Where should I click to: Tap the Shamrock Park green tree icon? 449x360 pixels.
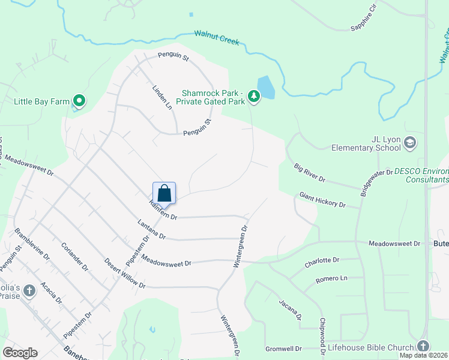(x=254, y=95)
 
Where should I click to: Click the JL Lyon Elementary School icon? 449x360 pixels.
(x=410, y=143)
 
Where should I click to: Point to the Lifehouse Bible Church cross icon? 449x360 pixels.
(x=423, y=347)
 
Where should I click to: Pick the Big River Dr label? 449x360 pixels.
(x=309, y=172)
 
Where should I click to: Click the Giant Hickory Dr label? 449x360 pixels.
(x=323, y=200)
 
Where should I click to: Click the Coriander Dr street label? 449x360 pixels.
(x=75, y=257)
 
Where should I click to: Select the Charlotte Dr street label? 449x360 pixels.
(x=322, y=261)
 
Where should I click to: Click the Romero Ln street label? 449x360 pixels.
(x=331, y=278)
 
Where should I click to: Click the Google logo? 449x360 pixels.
(x=20, y=353)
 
